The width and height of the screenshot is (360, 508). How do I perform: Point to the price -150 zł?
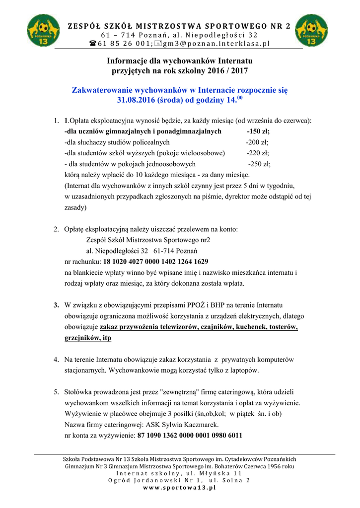tap(258, 131)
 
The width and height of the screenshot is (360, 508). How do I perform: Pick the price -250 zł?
tap(259, 164)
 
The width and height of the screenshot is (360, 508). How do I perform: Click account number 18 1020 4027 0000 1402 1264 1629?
tap(155, 261)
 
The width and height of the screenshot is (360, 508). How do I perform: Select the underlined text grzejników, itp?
tap(88, 338)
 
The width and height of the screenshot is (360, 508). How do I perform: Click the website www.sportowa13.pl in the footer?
tap(179, 488)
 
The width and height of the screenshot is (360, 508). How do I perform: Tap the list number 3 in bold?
tap(57, 305)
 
